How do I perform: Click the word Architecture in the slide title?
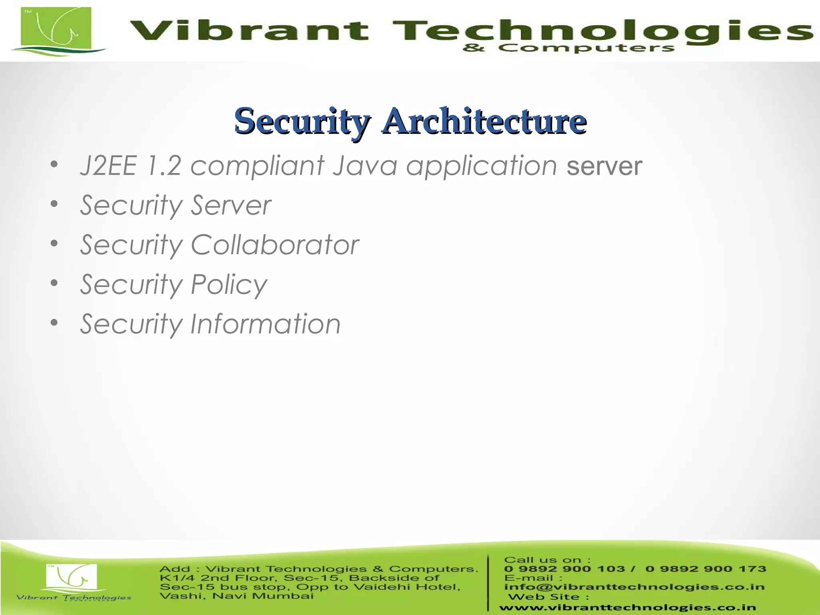click(484, 121)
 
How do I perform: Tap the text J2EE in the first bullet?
click(108, 166)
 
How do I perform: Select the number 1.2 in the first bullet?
click(164, 166)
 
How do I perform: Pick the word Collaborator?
click(275, 245)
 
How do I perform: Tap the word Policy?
click(229, 284)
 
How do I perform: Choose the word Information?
click(265, 324)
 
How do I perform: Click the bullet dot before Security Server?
click(54, 204)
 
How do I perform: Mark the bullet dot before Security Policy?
click(54, 283)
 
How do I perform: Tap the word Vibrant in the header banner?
click(248, 31)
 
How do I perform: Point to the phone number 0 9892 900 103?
click(564, 569)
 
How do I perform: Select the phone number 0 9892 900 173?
click(705, 569)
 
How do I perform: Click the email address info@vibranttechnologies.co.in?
click(634, 587)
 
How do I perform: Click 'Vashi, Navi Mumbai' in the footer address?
click(236, 596)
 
